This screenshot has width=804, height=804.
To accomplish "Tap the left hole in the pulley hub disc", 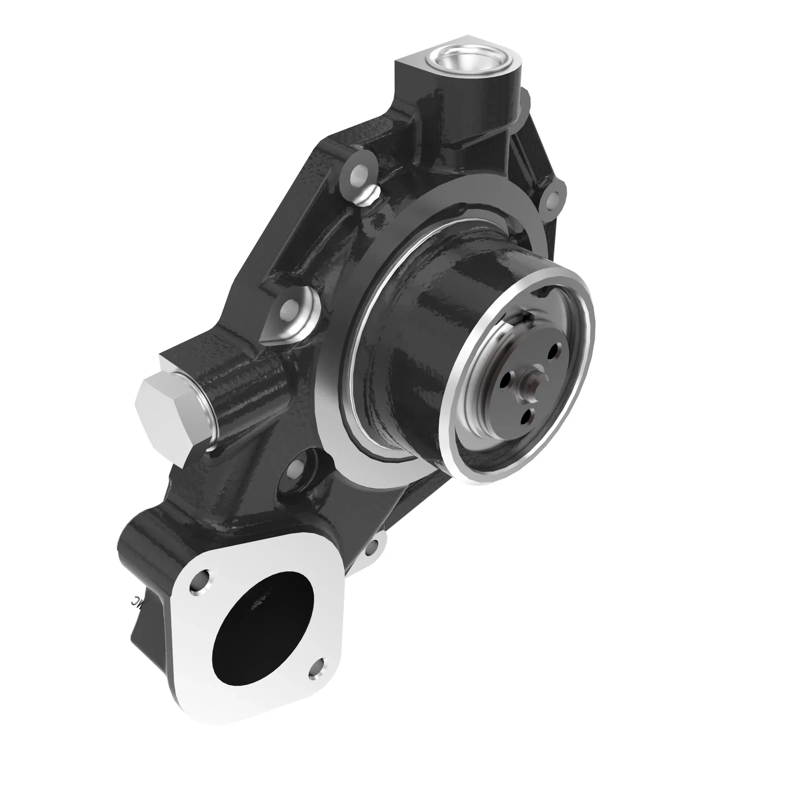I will click(506, 379).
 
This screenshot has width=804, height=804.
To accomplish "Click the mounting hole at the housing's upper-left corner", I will click(357, 177).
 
